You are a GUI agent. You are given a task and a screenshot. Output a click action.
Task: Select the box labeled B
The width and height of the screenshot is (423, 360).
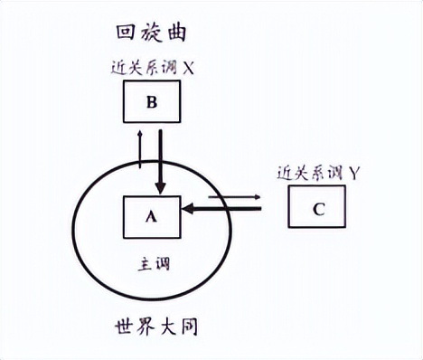152,101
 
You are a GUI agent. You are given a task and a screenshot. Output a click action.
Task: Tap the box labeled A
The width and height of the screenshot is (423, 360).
151,216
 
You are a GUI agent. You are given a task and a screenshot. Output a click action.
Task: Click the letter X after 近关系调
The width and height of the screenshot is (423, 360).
190,66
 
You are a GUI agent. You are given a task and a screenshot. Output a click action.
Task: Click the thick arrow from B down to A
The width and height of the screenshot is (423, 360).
161,160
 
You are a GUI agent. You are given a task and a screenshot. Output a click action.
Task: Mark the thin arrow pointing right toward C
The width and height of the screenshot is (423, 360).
233,196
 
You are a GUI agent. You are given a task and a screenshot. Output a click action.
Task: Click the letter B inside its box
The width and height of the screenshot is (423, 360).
152,101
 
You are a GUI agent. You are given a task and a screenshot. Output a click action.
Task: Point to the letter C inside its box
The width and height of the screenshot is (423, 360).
317,210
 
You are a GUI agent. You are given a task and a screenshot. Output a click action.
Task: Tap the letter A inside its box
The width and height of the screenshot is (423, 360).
151,217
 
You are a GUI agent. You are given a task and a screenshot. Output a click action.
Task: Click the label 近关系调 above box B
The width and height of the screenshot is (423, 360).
141,66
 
